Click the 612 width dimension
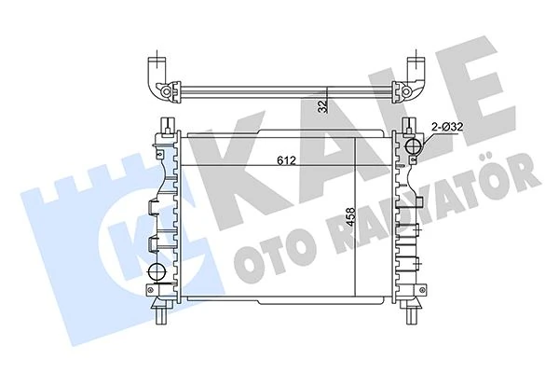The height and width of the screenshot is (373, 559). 286,159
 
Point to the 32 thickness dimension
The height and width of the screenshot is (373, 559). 322,105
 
